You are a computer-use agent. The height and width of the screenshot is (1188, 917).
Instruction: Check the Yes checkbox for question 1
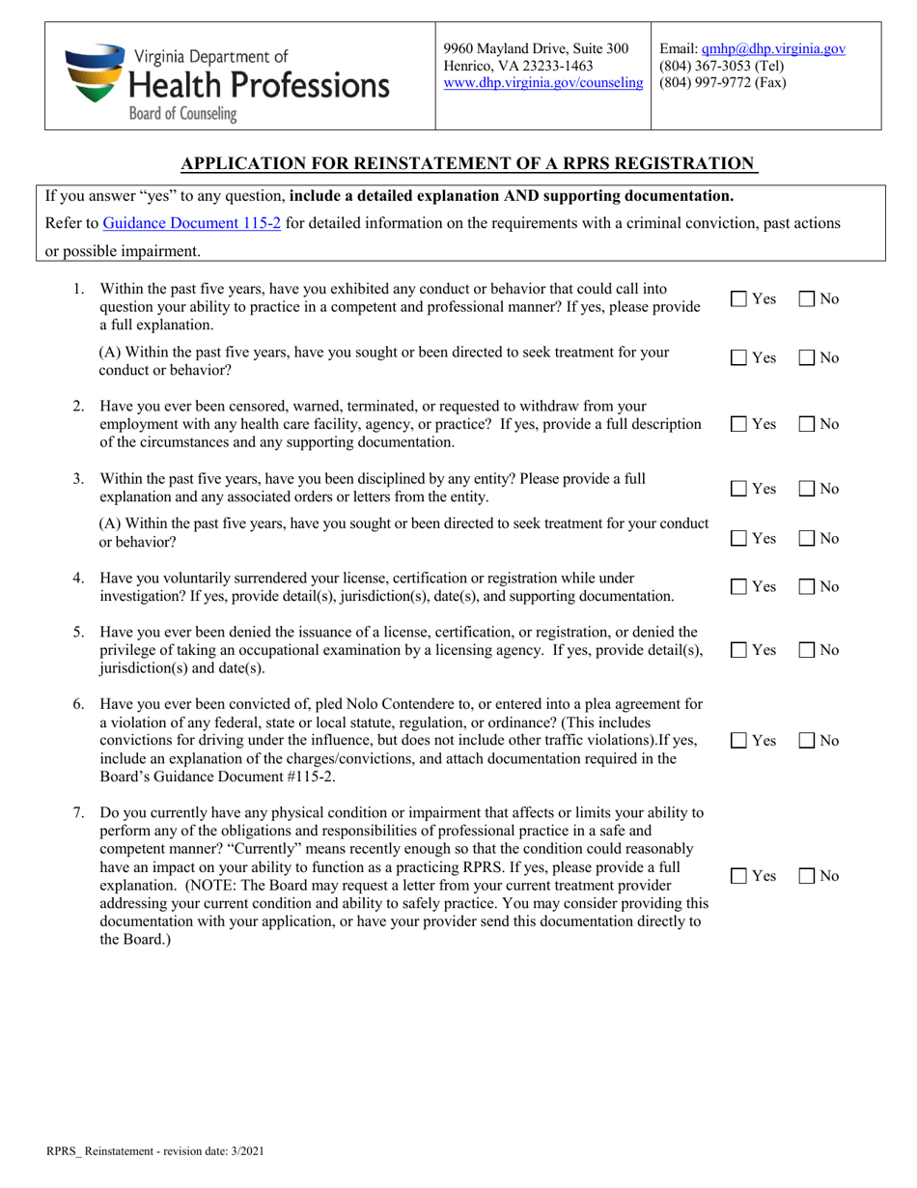738,300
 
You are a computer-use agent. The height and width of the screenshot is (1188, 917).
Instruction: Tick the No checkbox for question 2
807,425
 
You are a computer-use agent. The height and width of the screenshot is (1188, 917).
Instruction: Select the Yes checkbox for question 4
738,587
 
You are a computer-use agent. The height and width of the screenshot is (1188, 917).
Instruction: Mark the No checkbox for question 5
807,651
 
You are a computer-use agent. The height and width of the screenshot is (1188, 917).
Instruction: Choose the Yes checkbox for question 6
738,742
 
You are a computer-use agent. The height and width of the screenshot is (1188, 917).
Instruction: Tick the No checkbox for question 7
807,877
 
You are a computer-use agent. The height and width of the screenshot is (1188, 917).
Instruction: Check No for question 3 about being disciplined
807,490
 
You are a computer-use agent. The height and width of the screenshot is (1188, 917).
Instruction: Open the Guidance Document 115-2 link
191,223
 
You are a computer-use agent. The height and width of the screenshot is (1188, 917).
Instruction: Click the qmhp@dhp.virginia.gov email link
773,48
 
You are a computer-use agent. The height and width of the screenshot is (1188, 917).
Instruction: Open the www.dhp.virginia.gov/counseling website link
542,83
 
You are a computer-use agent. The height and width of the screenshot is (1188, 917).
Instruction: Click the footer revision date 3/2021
245,1151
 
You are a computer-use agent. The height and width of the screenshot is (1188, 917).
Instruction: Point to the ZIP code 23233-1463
559,66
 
